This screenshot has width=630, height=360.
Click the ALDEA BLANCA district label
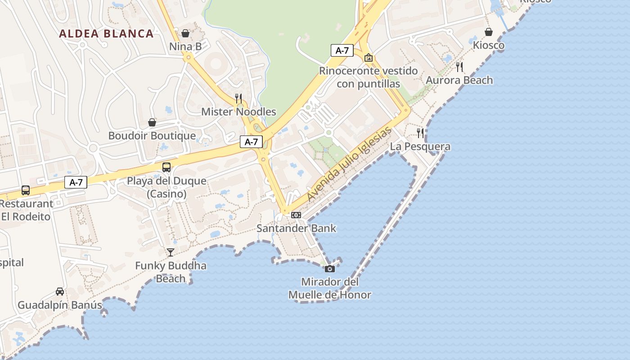[x=106, y=34]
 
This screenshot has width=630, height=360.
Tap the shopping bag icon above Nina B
[x=185, y=33]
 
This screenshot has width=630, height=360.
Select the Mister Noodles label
[x=238, y=112]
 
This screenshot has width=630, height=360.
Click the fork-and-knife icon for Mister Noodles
[x=238, y=98]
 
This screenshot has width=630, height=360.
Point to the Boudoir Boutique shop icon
[x=152, y=122]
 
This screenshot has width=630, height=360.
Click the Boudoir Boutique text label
[x=152, y=135]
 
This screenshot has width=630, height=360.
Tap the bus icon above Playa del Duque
[x=166, y=167]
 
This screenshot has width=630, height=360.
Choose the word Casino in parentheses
[x=166, y=194]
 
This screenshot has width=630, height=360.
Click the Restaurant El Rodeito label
[x=26, y=210]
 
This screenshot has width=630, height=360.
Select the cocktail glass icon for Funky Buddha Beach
[x=171, y=252]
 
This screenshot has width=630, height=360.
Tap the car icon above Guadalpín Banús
[x=60, y=292]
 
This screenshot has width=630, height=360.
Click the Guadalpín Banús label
[x=60, y=305]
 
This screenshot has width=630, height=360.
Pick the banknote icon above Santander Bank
[x=296, y=215]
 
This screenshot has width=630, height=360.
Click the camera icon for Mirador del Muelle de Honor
[x=330, y=269]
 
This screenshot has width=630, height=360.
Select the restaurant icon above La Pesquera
[x=420, y=133]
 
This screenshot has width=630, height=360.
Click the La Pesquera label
[x=420, y=146]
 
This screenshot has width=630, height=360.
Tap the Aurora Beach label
[x=459, y=80]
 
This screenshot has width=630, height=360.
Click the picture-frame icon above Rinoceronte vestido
[x=369, y=58]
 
